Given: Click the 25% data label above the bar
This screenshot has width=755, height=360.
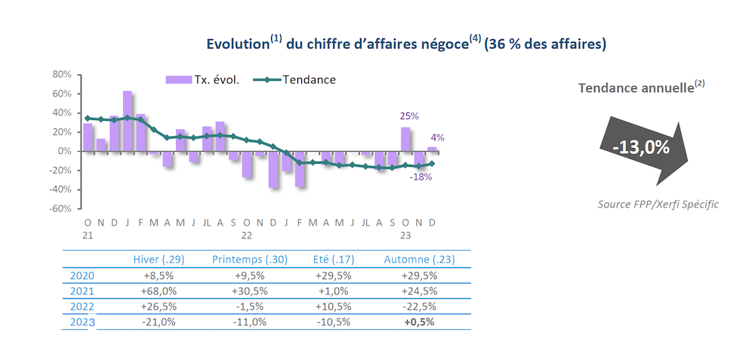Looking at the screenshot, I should point(409,116).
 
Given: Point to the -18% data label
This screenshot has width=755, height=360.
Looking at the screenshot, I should point(421,177).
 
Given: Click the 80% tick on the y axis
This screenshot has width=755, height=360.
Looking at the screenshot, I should point(62,75).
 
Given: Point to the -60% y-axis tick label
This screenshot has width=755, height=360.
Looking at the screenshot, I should point(60,208).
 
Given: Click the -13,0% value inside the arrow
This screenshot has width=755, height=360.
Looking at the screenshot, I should point(641,147).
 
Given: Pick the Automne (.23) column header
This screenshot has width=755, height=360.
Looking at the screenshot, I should point(420,260).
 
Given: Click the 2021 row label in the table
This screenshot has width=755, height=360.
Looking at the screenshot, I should point(82,291).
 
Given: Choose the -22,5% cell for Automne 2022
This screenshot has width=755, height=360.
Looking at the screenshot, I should point(420,306).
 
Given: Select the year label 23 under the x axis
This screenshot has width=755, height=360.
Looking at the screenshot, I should point(405,235).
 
